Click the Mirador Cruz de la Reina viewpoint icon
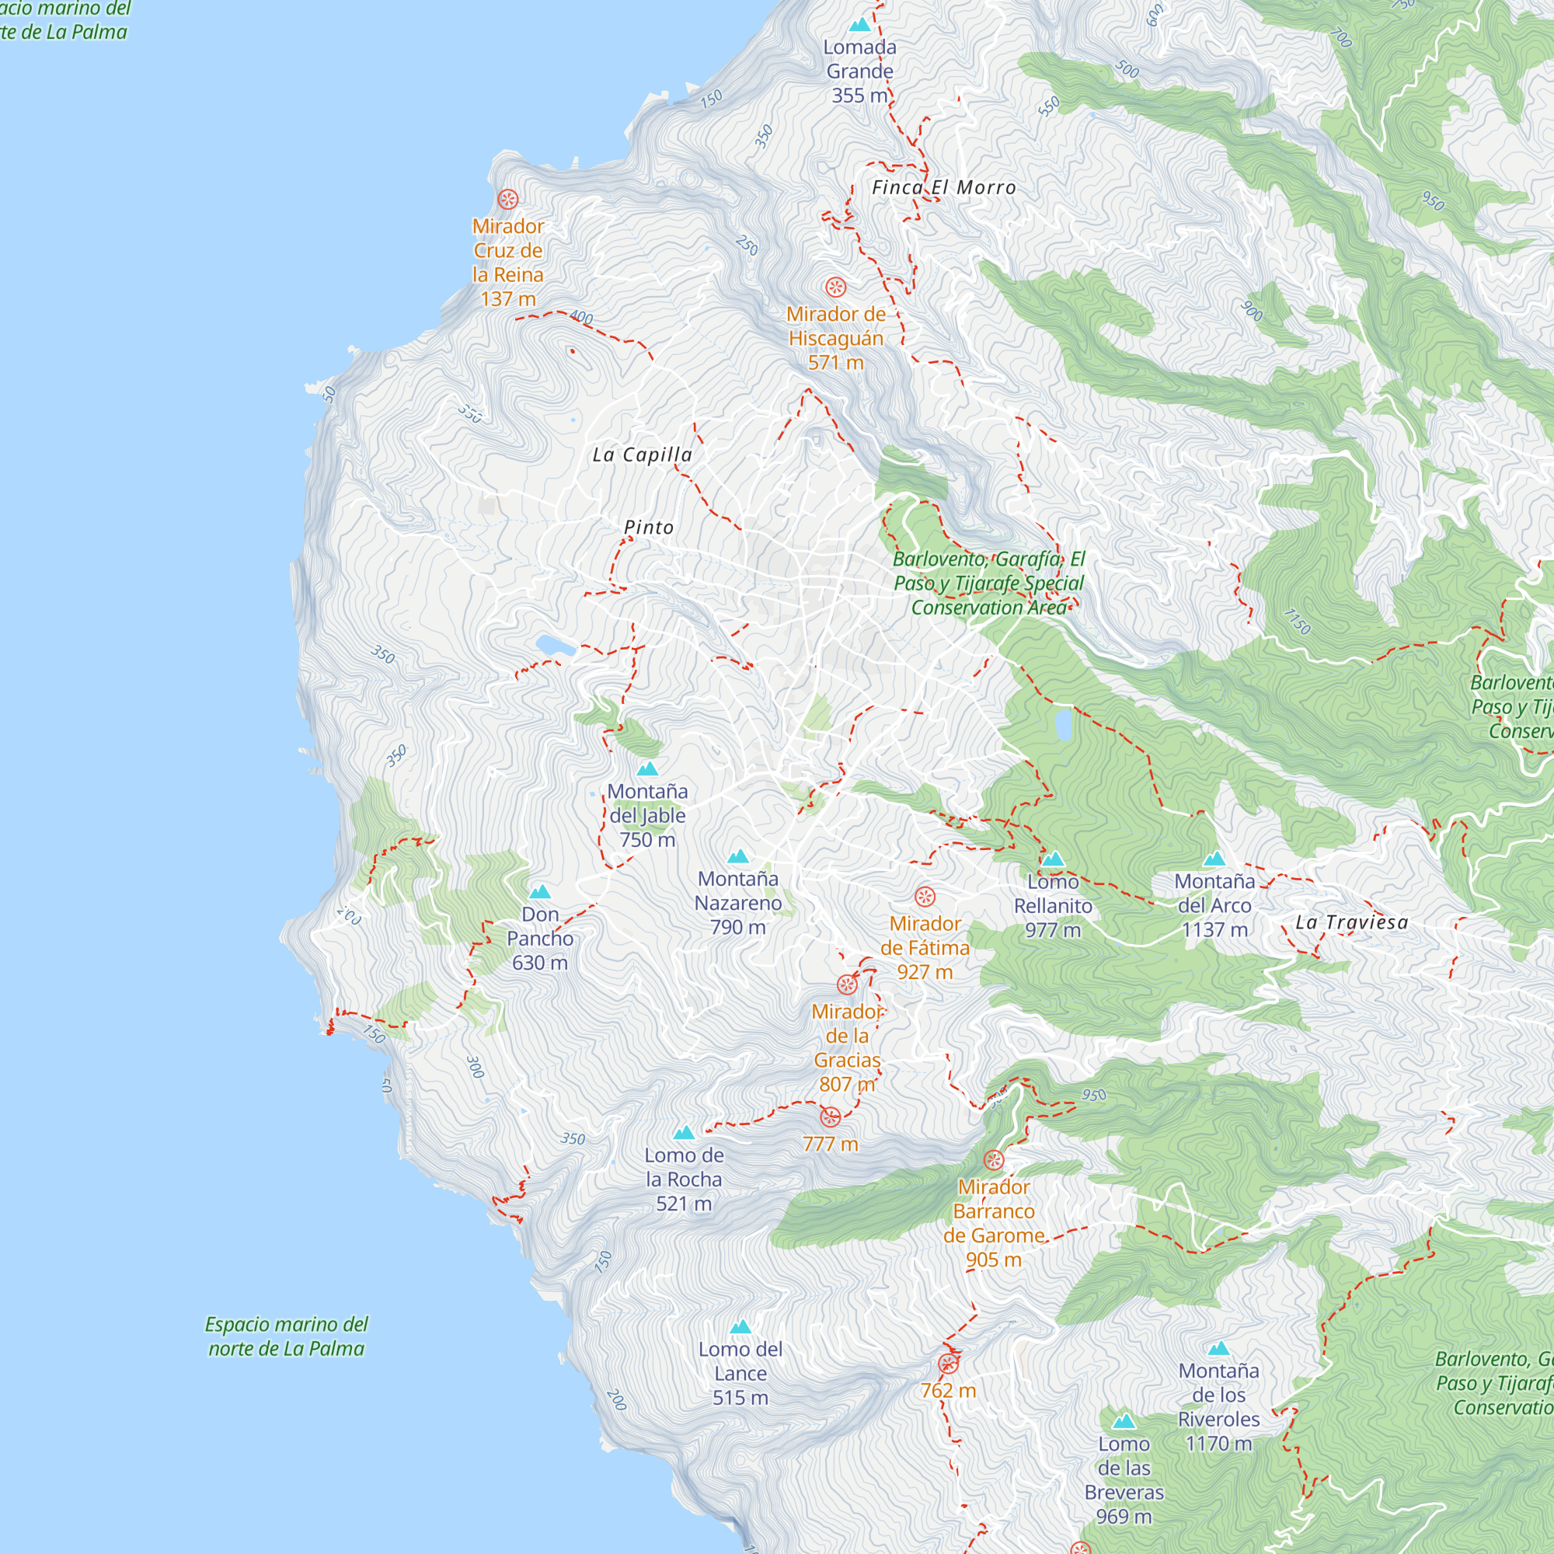pos(507,199)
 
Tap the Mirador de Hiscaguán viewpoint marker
pos(836,287)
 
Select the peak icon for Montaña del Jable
pos(647,769)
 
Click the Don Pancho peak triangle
pos(540,892)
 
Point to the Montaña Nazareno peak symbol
pos(738,856)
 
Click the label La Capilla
pos(642,455)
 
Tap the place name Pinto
pos(648,528)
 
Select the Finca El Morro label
pos(943,187)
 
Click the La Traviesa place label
pos(1351,922)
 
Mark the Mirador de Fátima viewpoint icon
pos(925,896)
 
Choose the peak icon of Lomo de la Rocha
pos(684,1134)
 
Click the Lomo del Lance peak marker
pos(740,1327)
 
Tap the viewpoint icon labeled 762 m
pos(948,1364)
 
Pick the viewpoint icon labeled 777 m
pos(830,1117)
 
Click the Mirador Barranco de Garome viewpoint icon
pos(993,1160)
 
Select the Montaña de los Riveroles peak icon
pos(1218,1349)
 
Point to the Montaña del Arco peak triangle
pos(1214,859)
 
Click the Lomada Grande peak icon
pos(860,25)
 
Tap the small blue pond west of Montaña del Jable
pos(555,644)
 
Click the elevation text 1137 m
pos(1214,930)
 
